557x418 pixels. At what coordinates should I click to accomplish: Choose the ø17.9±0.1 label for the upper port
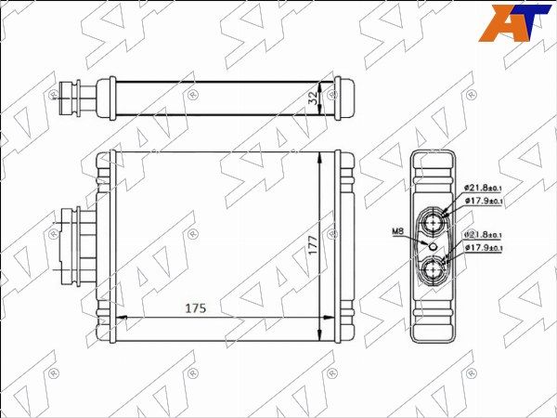coord(483,201)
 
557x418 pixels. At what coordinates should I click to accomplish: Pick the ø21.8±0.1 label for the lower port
coord(483,235)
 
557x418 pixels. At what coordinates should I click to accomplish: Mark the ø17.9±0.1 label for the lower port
coord(483,248)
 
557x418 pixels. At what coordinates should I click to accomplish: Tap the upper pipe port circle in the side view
coord(434,222)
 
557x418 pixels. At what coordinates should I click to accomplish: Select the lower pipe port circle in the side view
coord(434,271)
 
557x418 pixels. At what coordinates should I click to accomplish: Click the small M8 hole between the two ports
coord(429,246)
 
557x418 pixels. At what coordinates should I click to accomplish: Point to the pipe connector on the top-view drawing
coord(76,95)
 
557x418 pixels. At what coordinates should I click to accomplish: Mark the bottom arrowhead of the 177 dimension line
coord(321,336)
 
